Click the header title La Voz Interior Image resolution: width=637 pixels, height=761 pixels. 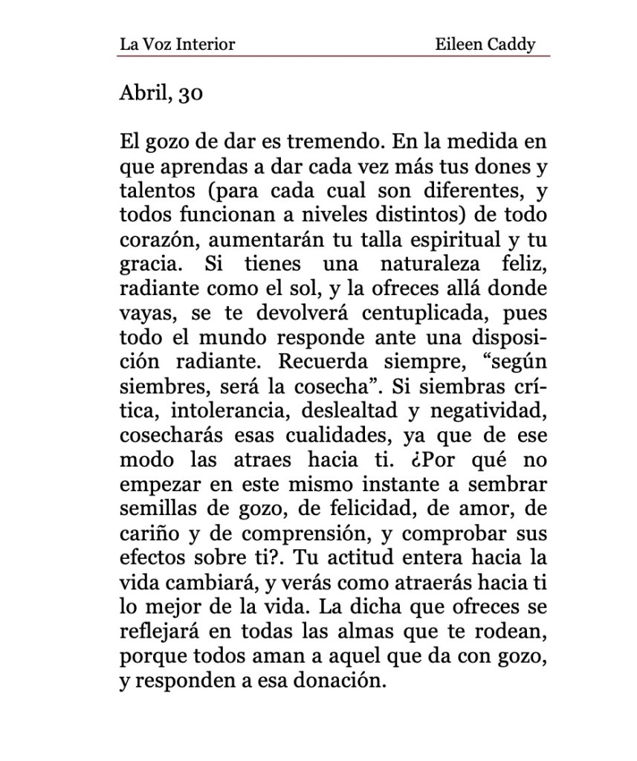(x=177, y=44)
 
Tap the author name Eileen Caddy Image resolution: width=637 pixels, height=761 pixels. (x=485, y=44)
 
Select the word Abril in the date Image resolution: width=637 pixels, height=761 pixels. (x=144, y=94)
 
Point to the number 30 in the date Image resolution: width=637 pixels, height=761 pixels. (x=190, y=95)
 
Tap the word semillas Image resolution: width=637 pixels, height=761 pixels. (x=152, y=509)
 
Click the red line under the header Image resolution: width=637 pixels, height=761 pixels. (x=334, y=56)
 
